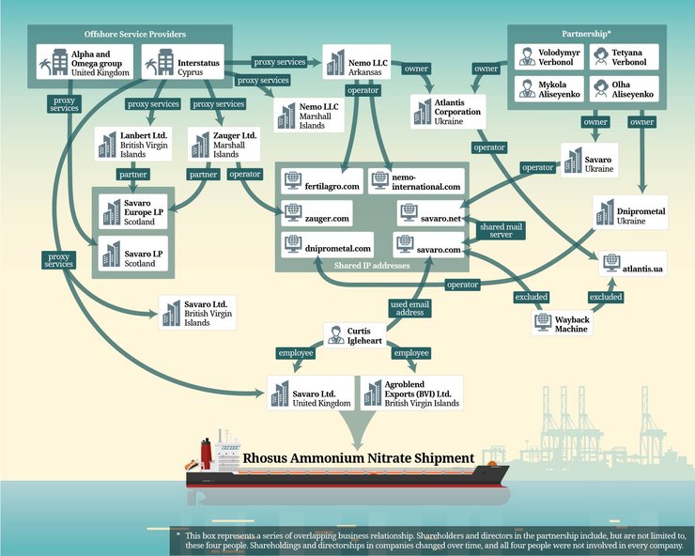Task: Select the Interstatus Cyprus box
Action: [x=183, y=62]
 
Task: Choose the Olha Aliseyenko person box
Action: [x=624, y=89]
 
